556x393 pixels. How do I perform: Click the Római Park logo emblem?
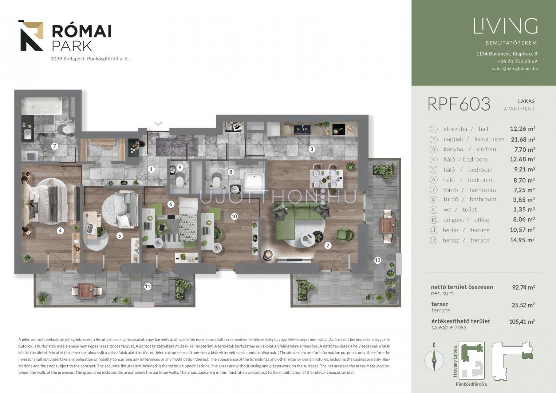31,36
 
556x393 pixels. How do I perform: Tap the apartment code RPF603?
459,104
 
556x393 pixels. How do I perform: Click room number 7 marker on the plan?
55,146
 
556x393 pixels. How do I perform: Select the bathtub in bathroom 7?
42,106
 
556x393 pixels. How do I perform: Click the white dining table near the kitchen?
326,179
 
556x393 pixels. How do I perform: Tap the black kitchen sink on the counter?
302,130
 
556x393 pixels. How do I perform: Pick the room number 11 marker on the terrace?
148,287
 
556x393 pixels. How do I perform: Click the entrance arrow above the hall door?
158,123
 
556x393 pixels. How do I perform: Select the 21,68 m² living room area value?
523,139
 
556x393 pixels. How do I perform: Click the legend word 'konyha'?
453,149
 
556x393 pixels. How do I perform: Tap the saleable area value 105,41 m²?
522,322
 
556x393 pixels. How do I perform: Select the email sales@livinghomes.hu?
515,69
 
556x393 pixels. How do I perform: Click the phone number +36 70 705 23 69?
517,61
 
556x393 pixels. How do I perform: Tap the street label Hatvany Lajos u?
455,361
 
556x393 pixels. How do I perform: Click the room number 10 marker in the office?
234,217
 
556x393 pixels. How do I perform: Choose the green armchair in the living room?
345,235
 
